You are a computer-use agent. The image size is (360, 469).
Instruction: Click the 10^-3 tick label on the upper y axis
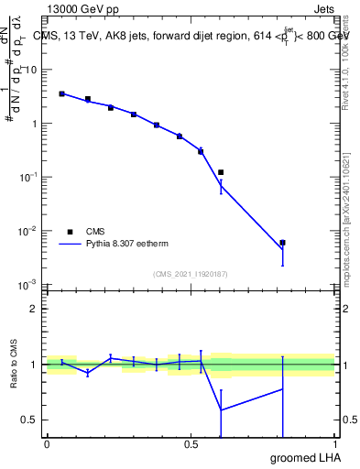tap(29, 285)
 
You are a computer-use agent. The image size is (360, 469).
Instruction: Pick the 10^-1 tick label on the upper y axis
tap(29, 177)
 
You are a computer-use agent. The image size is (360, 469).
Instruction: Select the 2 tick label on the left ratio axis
tap(34, 309)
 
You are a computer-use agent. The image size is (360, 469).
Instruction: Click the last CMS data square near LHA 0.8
tap(283, 243)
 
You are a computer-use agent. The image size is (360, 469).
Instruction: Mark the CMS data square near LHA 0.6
tap(221, 172)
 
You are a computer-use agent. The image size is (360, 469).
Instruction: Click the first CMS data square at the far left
tap(61, 93)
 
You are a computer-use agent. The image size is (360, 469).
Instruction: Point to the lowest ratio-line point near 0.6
tap(221, 409)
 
